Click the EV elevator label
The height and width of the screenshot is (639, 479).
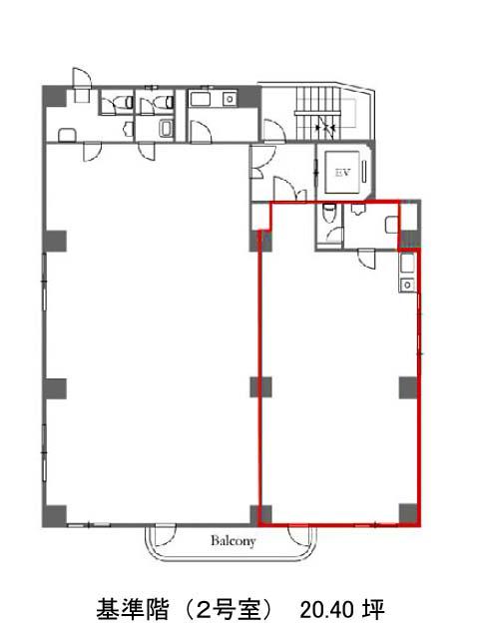(343, 173)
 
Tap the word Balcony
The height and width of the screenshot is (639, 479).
(234, 541)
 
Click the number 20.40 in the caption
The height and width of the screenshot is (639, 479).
(327, 610)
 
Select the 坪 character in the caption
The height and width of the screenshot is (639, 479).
(373, 610)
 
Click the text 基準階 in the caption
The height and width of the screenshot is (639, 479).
(133, 610)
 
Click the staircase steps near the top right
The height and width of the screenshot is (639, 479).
(317, 113)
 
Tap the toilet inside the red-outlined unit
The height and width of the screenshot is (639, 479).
(328, 213)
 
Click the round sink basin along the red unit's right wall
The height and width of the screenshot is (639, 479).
(407, 285)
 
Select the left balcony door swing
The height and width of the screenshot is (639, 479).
(165, 535)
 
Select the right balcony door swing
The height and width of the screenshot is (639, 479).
(298, 535)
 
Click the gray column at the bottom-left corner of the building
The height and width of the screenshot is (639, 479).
(55, 516)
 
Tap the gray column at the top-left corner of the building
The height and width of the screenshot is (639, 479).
(55, 97)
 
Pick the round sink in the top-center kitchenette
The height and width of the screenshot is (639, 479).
(230, 99)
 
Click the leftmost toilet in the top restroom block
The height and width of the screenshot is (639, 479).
(128, 102)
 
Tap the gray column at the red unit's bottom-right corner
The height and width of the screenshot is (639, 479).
(408, 514)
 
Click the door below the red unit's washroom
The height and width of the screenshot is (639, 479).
(366, 258)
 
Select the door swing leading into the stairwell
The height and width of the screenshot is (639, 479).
(273, 130)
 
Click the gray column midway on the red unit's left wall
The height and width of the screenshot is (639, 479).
(260, 387)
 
